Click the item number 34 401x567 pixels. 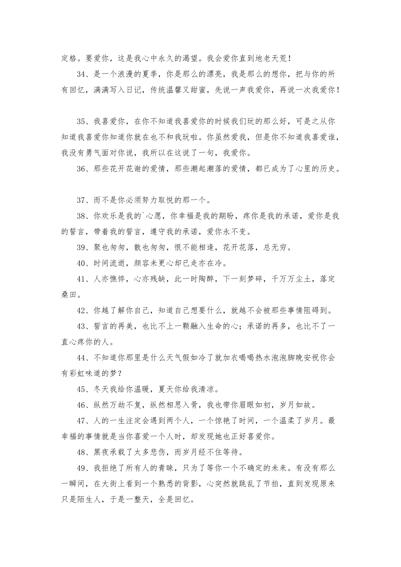coord(82,74)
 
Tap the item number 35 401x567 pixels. coord(82,121)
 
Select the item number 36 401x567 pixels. coord(82,169)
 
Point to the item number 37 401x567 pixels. coord(82,200)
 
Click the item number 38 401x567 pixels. coord(82,216)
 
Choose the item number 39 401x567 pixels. coord(82,247)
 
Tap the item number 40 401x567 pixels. coord(82,263)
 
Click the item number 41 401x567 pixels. coord(82,279)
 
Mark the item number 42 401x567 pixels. coord(82,310)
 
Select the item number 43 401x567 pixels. coord(82,326)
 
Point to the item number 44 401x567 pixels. coord(82,358)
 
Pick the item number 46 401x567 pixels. coord(82,405)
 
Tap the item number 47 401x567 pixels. coord(82,421)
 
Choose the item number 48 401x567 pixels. coord(82,452)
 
